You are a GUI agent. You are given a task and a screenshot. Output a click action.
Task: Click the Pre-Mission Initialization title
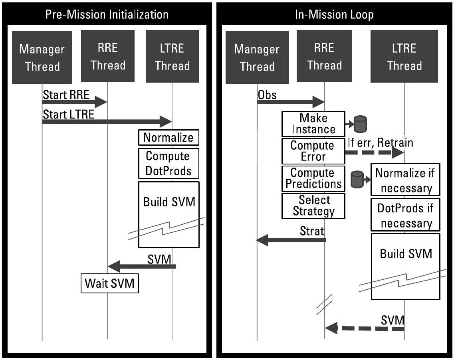coord(107,14)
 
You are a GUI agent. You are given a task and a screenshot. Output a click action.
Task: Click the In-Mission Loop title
coord(334,14)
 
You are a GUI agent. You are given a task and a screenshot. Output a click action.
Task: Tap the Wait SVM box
coord(110,284)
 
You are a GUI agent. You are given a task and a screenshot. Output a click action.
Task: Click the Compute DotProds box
coord(169,164)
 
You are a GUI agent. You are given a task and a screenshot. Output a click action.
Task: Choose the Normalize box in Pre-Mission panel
coord(169,138)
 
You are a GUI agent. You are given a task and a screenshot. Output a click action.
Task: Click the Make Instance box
coord(313,124)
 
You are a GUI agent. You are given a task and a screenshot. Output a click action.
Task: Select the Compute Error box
coord(313,151)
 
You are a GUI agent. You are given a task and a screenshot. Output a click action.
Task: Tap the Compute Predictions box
coord(313,178)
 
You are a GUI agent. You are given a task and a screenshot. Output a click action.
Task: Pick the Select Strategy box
coord(313,206)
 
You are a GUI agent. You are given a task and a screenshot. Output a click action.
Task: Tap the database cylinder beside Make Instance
coord(361,124)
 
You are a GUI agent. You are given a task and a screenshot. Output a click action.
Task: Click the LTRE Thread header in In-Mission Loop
coord(404,57)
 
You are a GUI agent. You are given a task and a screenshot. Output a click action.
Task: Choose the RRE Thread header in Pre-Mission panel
coord(107,57)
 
